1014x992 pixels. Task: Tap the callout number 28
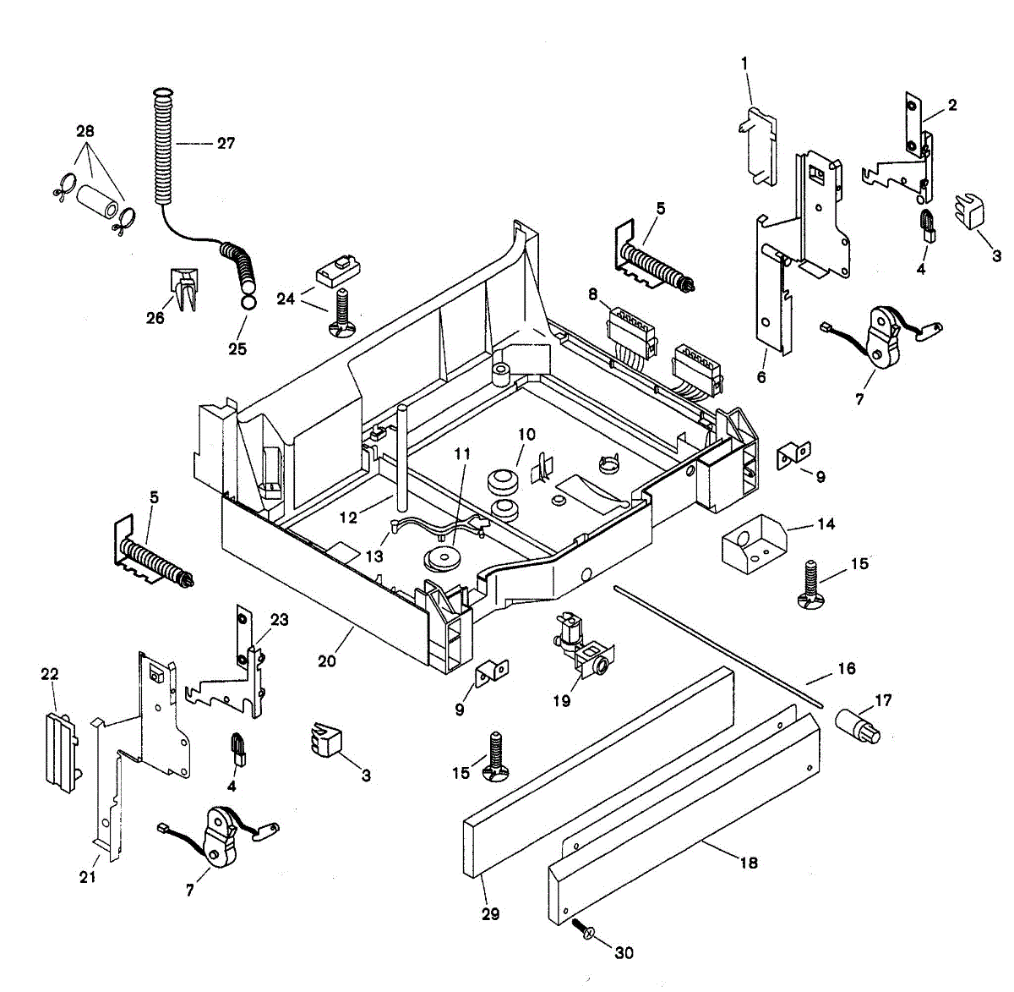85,131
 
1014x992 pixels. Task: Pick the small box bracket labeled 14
752,545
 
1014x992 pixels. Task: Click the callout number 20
327,660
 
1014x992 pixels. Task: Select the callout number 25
237,348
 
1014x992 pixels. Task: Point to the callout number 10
526,435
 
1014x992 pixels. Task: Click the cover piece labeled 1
759,144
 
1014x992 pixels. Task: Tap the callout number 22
50,673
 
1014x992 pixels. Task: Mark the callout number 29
490,914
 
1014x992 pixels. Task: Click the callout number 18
748,863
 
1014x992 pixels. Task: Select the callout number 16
846,669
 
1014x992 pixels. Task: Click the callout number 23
279,620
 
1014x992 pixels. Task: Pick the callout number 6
761,377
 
